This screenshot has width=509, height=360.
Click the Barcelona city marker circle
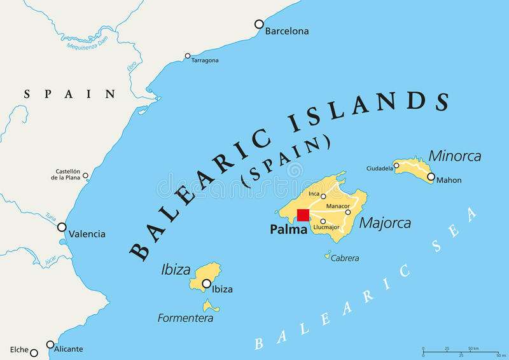point(259,24)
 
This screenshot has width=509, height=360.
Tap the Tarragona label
point(205,60)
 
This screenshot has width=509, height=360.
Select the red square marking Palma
point(303,215)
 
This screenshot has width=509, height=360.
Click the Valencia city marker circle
point(62,227)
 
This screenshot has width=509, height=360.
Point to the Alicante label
point(69,349)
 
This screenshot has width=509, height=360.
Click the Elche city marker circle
point(34,353)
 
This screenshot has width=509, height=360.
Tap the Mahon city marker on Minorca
point(431,177)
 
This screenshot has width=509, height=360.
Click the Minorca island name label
point(454,156)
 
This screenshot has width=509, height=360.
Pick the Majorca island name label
point(385,223)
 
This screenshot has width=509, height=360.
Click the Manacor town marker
point(348,212)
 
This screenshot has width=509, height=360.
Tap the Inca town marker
point(323,197)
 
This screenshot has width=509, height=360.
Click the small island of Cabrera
point(328,256)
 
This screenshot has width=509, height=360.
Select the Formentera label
point(185,317)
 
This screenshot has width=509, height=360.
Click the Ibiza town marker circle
point(206,284)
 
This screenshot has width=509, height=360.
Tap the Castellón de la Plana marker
point(85,176)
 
